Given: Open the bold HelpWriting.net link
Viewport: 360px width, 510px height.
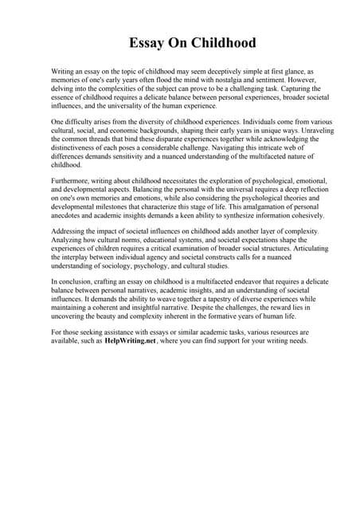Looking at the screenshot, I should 130,340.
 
